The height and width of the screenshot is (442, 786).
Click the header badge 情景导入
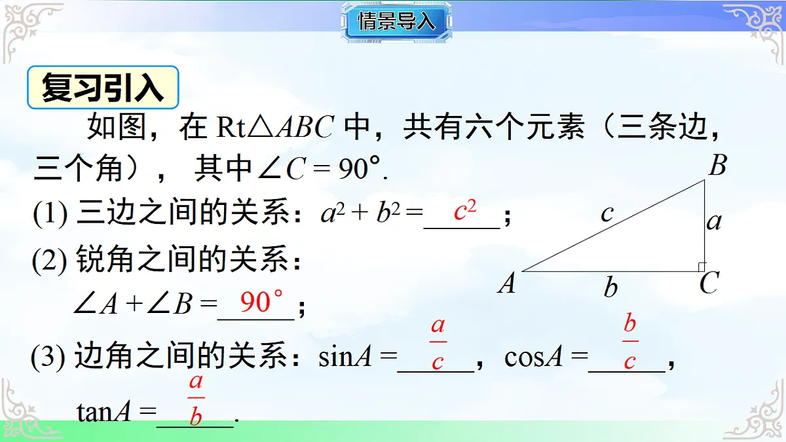tap(396, 22)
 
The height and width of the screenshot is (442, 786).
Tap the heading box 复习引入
tap(103, 88)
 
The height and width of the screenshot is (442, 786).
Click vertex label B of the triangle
tap(717, 166)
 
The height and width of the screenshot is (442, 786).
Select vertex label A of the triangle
tap(506, 284)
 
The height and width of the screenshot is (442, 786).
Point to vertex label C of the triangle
tap(708, 284)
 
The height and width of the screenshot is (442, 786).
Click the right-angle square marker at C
tap(701, 267)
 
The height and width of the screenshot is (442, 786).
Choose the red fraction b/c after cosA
tap(630, 342)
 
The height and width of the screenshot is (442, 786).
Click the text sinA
tap(345, 358)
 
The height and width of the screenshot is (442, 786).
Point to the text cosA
tap(534, 358)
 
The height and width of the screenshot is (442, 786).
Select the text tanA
tap(107, 412)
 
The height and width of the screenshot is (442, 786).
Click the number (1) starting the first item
tap(50, 215)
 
